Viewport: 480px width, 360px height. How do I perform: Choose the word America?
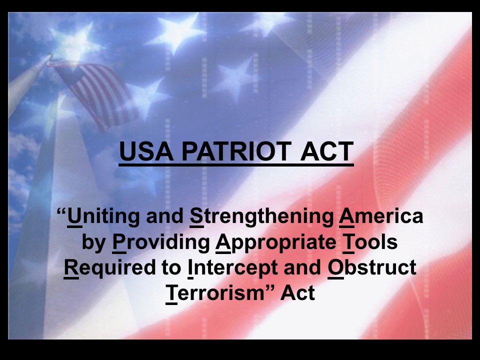click(x=381, y=216)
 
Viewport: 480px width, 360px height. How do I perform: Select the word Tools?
click(x=370, y=242)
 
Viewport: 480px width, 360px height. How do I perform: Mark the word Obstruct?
click(x=372, y=267)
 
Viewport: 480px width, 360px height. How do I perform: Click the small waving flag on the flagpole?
click(x=97, y=95)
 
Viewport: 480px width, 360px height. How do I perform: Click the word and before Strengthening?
click(x=164, y=216)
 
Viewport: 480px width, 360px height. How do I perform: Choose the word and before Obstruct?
click(x=302, y=267)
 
